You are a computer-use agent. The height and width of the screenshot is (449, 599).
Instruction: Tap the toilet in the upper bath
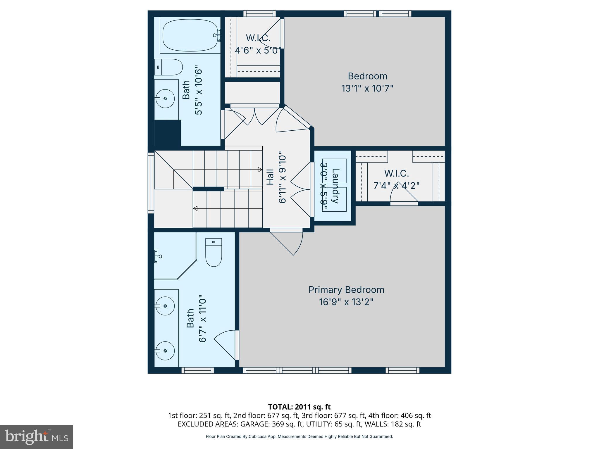(x=168, y=67)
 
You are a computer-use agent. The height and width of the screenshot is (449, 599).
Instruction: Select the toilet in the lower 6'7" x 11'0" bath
(x=214, y=252)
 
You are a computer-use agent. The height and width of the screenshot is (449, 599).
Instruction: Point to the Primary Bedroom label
(x=346, y=290)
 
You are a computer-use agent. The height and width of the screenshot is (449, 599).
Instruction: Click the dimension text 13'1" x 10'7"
(x=367, y=88)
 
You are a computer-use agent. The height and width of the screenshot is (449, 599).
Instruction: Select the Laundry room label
(x=335, y=186)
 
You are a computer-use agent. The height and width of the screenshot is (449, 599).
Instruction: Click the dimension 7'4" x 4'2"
(x=397, y=186)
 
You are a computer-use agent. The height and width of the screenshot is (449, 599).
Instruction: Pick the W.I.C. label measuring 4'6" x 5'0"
(x=258, y=38)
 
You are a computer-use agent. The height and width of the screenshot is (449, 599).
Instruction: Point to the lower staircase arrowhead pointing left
(x=195, y=208)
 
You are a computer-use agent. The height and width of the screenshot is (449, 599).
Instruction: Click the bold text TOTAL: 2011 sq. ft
(x=299, y=407)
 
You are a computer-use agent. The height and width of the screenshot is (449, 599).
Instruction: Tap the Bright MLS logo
(x=37, y=437)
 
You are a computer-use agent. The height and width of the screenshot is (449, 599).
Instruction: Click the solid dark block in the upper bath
(x=167, y=133)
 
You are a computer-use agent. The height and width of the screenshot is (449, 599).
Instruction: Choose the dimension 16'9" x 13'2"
(x=346, y=302)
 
